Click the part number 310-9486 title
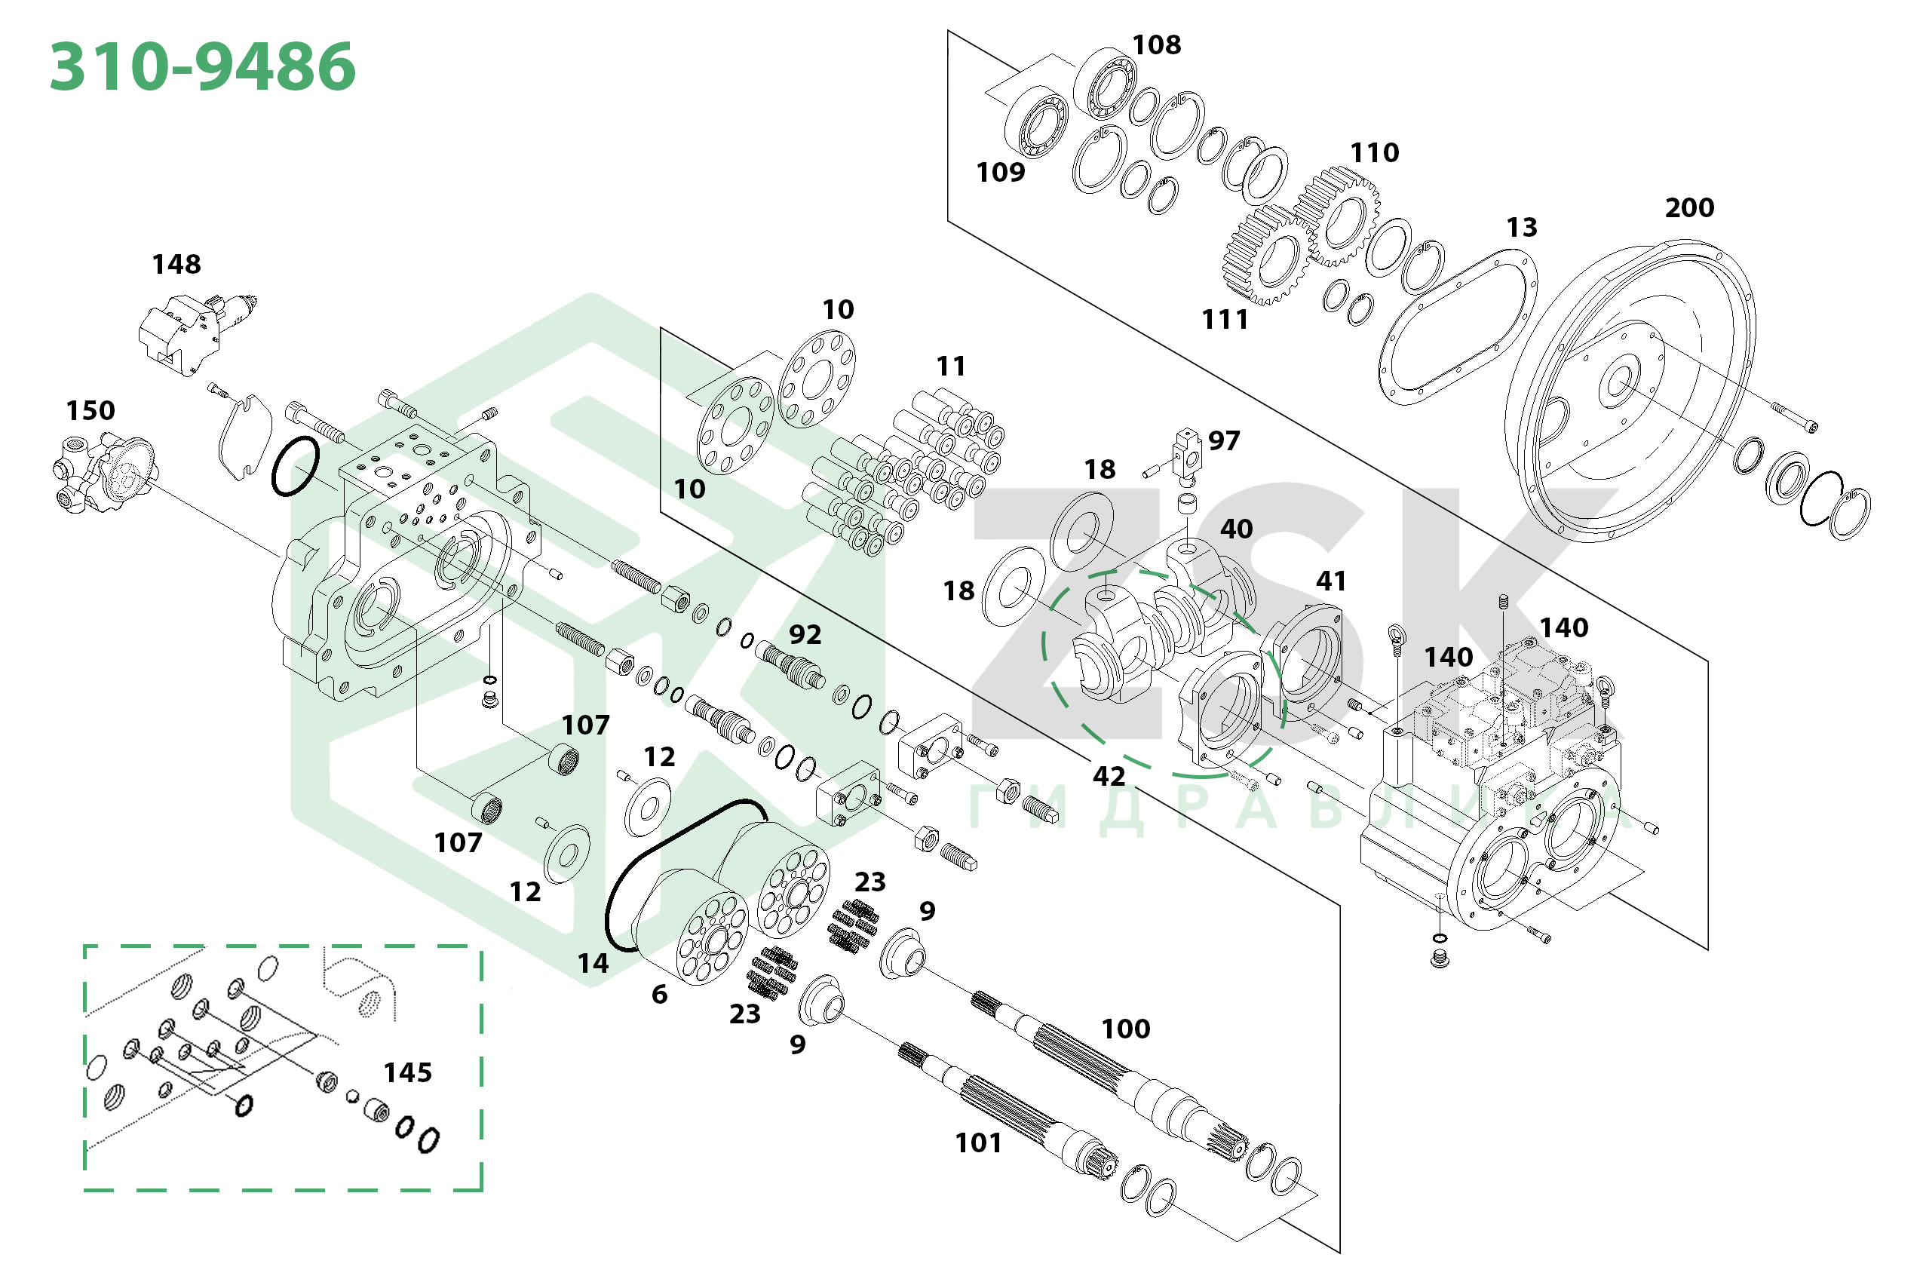[203, 66]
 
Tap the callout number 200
[1689, 207]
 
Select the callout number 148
[176, 264]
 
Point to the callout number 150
[90, 410]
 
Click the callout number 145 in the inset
[407, 1072]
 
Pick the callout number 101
[978, 1142]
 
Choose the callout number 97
[1224, 440]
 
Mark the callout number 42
[1109, 776]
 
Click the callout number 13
[1522, 227]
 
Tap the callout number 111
[1225, 319]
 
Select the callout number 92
[805, 634]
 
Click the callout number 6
[659, 994]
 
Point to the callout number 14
[593, 963]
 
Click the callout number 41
[1331, 581]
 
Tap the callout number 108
[1156, 45]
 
